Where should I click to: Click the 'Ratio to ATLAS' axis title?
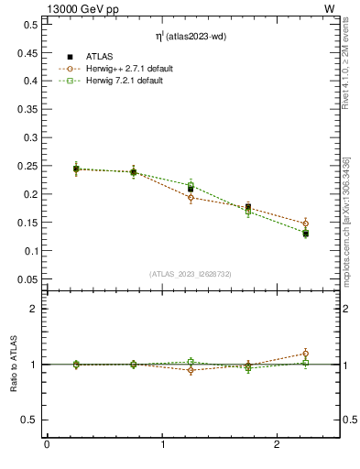click(x=14, y=365)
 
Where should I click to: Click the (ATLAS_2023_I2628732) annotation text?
click(x=191, y=273)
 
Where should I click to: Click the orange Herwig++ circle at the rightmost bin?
click(x=306, y=224)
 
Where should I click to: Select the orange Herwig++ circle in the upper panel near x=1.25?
click(x=191, y=197)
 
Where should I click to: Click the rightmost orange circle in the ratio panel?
click(x=306, y=354)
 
